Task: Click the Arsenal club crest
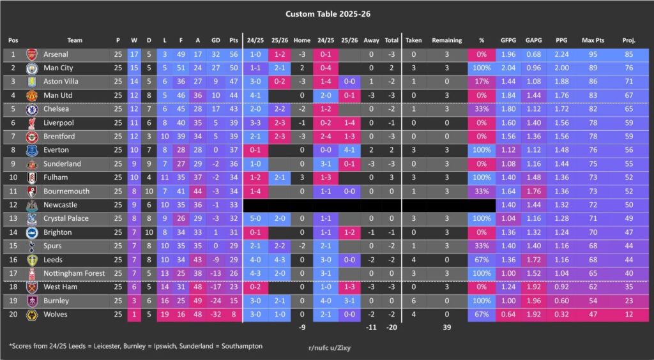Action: (x=32, y=55)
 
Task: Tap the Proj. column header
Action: (x=628, y=40)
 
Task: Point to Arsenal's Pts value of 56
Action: (x=234, y=55)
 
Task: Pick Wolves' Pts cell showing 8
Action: (x=234, y=314)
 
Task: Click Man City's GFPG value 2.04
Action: (x=508, y=68)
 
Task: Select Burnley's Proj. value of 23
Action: (x=628, y=301)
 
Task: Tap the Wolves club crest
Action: (x=32, y=314)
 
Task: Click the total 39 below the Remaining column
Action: (x=446, y=328)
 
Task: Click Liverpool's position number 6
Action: (x=13, y=123)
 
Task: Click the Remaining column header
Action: (x=446, y=40)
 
